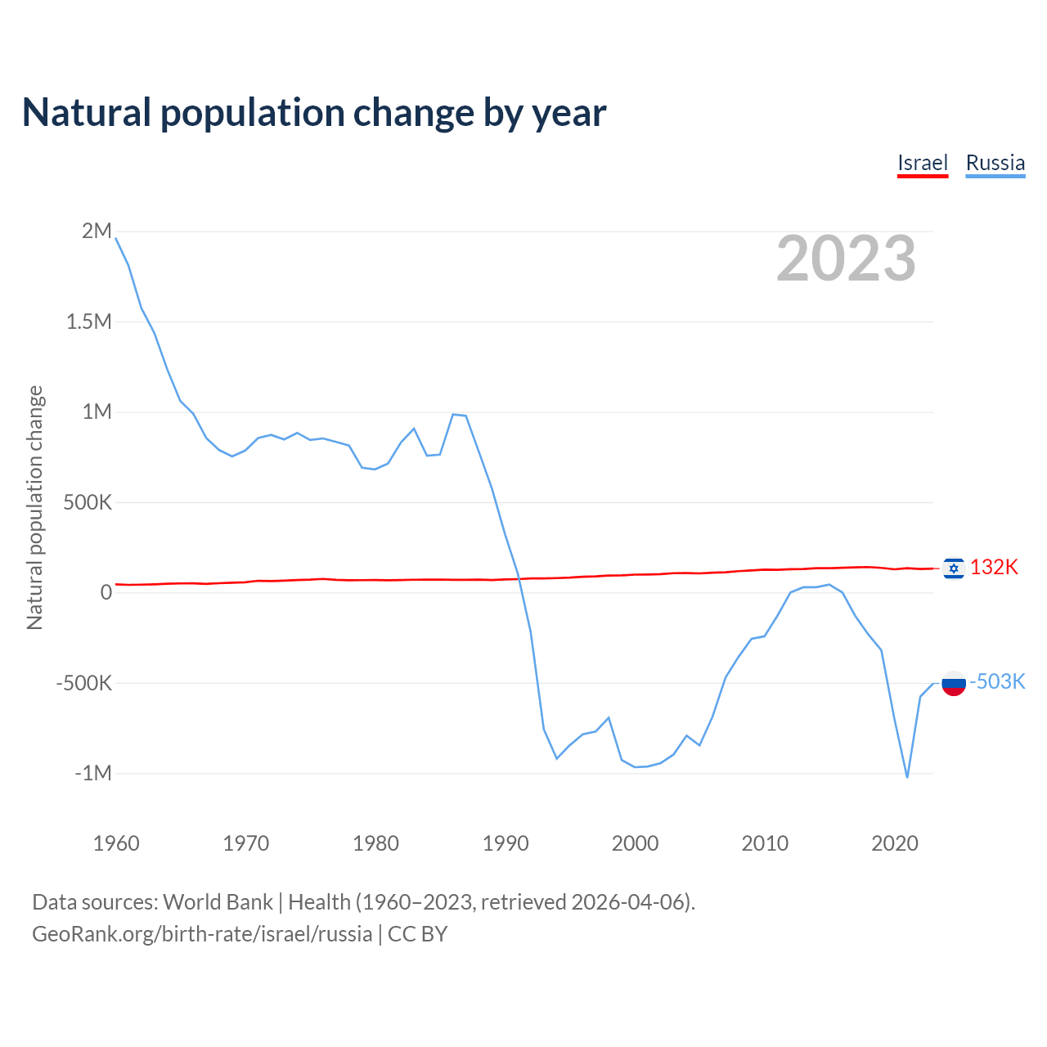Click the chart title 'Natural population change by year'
point(314,113)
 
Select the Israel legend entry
point(922,163)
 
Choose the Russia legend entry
point(995,163)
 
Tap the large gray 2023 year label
point(846,258)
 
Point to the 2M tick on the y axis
point(97,231)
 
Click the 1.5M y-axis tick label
point(89,321)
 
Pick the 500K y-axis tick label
point(88,502)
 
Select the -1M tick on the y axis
point(93,773)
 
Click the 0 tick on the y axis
point(106,592)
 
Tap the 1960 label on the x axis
point(116,843)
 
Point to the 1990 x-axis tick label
point(506,843)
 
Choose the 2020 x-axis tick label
point(895,843)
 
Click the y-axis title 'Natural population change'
point(35,508)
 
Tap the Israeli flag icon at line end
point(953,568)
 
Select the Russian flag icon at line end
point(953,682)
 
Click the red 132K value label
point(994,568)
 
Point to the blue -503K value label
point(997,682)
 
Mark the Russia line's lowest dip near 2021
point(907,776)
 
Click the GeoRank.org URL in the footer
point(202,934)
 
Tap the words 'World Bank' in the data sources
point(218,902)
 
